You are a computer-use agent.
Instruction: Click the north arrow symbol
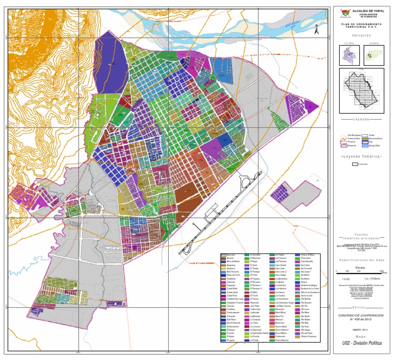click(x=315, y=31)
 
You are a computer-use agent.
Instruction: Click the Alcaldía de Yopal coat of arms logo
click(x=345, y=13)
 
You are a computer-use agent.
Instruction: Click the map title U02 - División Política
click(x=361, y=344)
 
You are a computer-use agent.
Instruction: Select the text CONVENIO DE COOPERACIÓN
click(x=361, y=315)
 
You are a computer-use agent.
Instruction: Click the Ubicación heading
click(x=361, y=36)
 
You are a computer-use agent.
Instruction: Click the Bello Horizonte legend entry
click(x=233, y=271)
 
